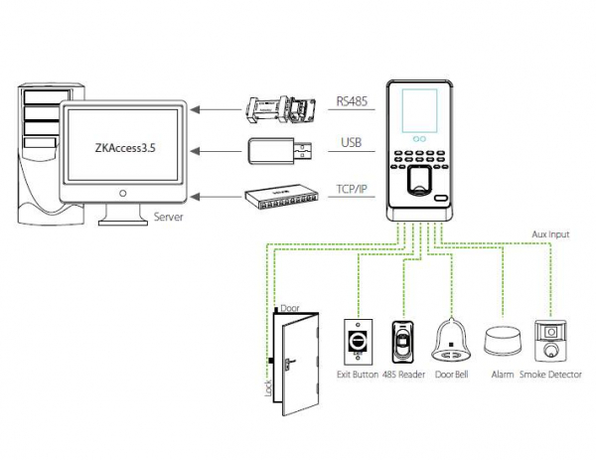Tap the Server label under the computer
170,215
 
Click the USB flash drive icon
282,151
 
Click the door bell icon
452,342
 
